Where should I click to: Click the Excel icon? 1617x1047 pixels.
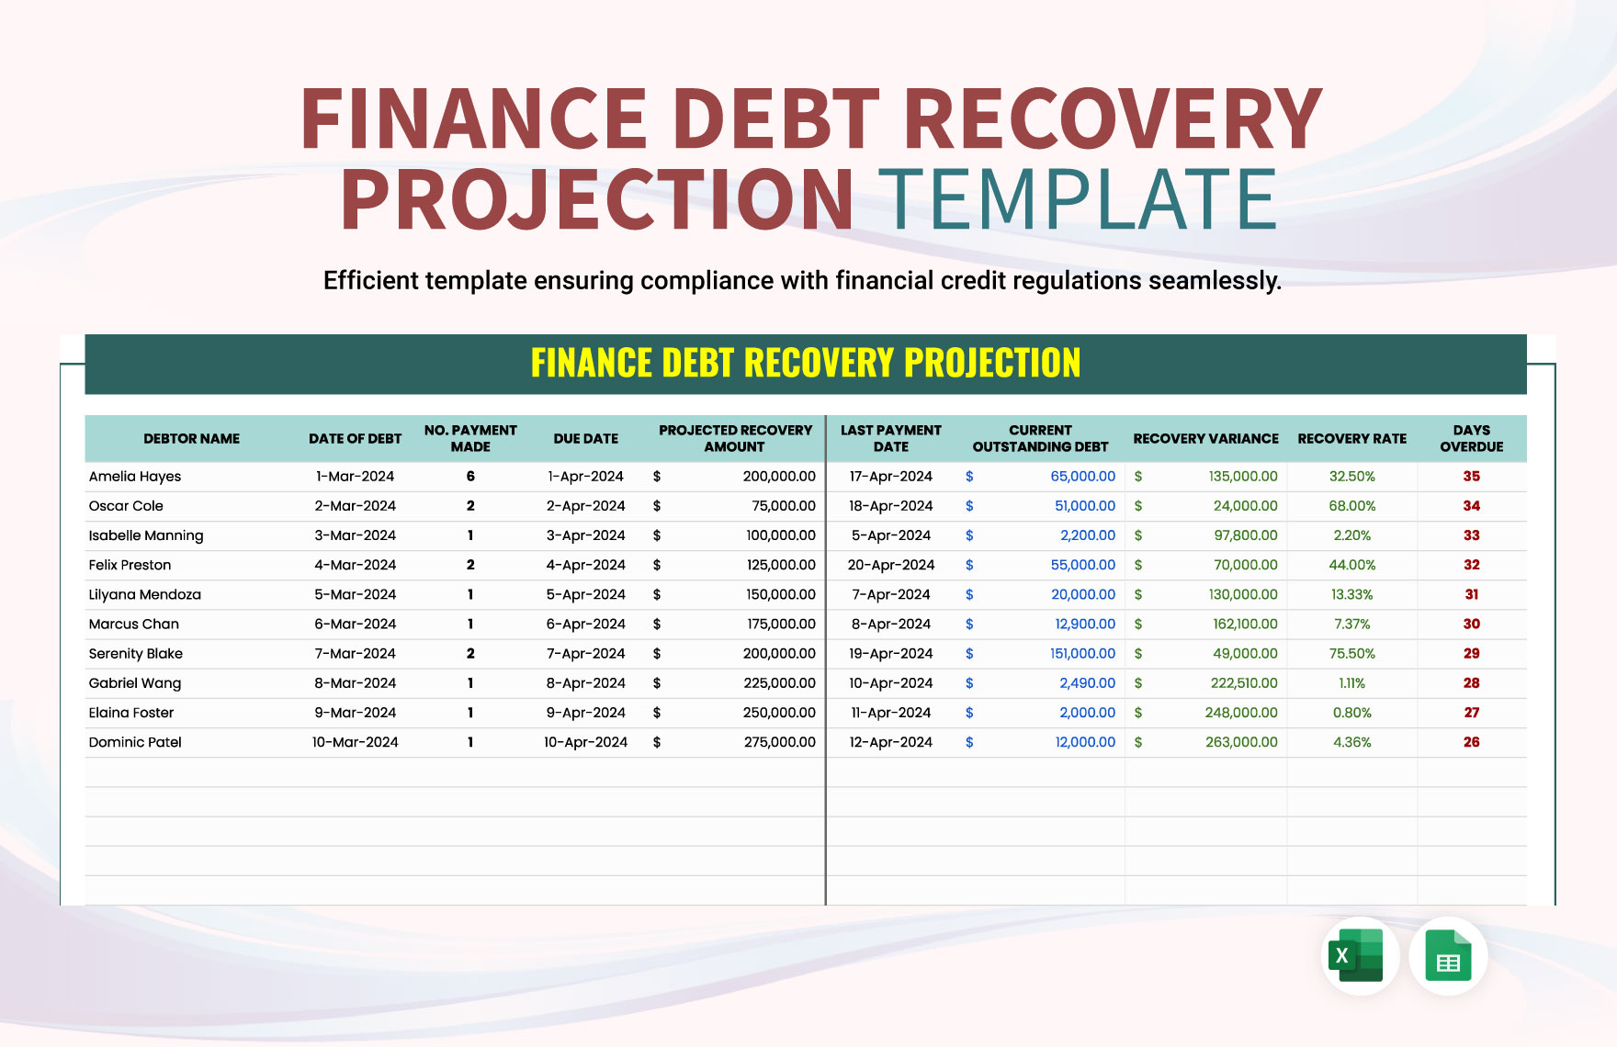click(1360, 955)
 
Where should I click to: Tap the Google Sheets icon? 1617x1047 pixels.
click(1448, 955)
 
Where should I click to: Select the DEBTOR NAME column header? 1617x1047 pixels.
click(191, 439)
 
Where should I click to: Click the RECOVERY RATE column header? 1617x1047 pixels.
click(1351, 439)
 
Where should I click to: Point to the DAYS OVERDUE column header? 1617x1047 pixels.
click(1471, 438)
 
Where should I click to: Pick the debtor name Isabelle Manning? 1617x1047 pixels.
click(146, 535)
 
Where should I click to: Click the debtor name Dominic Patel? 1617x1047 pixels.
click(135, 742)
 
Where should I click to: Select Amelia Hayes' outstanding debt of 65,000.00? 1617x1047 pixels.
click(1082, 477)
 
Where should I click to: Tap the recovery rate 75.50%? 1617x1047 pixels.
click(1351, 654)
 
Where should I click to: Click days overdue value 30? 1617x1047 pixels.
click(1471, 625)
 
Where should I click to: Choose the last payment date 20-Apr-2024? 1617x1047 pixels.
click(890, 565)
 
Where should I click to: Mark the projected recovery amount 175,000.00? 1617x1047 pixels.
click(780, 625)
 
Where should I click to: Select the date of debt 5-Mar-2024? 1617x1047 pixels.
click(355, 594)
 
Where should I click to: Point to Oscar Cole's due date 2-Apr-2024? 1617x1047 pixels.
click(585, 506)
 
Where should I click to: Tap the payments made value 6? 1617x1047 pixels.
click(470, 477)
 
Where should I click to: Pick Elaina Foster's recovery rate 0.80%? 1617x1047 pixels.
click(1351, 713)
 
